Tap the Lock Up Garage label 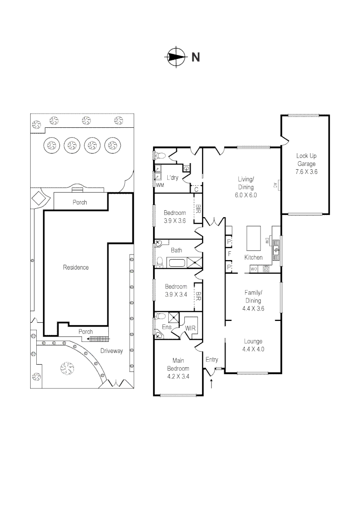tap(306, 164)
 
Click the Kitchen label tap(253, 258)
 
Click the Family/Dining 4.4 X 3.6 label tap(253, 300)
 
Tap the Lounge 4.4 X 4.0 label tap(253, 345)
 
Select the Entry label tap(212, 360)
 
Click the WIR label tap(190, 327)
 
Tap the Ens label tap(167, 327)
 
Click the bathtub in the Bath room tap(178, 263)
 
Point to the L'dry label tap(173, 178)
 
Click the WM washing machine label tap(160, 185)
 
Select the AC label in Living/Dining tap(274, 185)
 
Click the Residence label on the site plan tap(76, 268)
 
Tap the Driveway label tap(112, 351)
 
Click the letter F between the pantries tap(229, 255)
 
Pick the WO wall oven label tap(254, 269)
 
